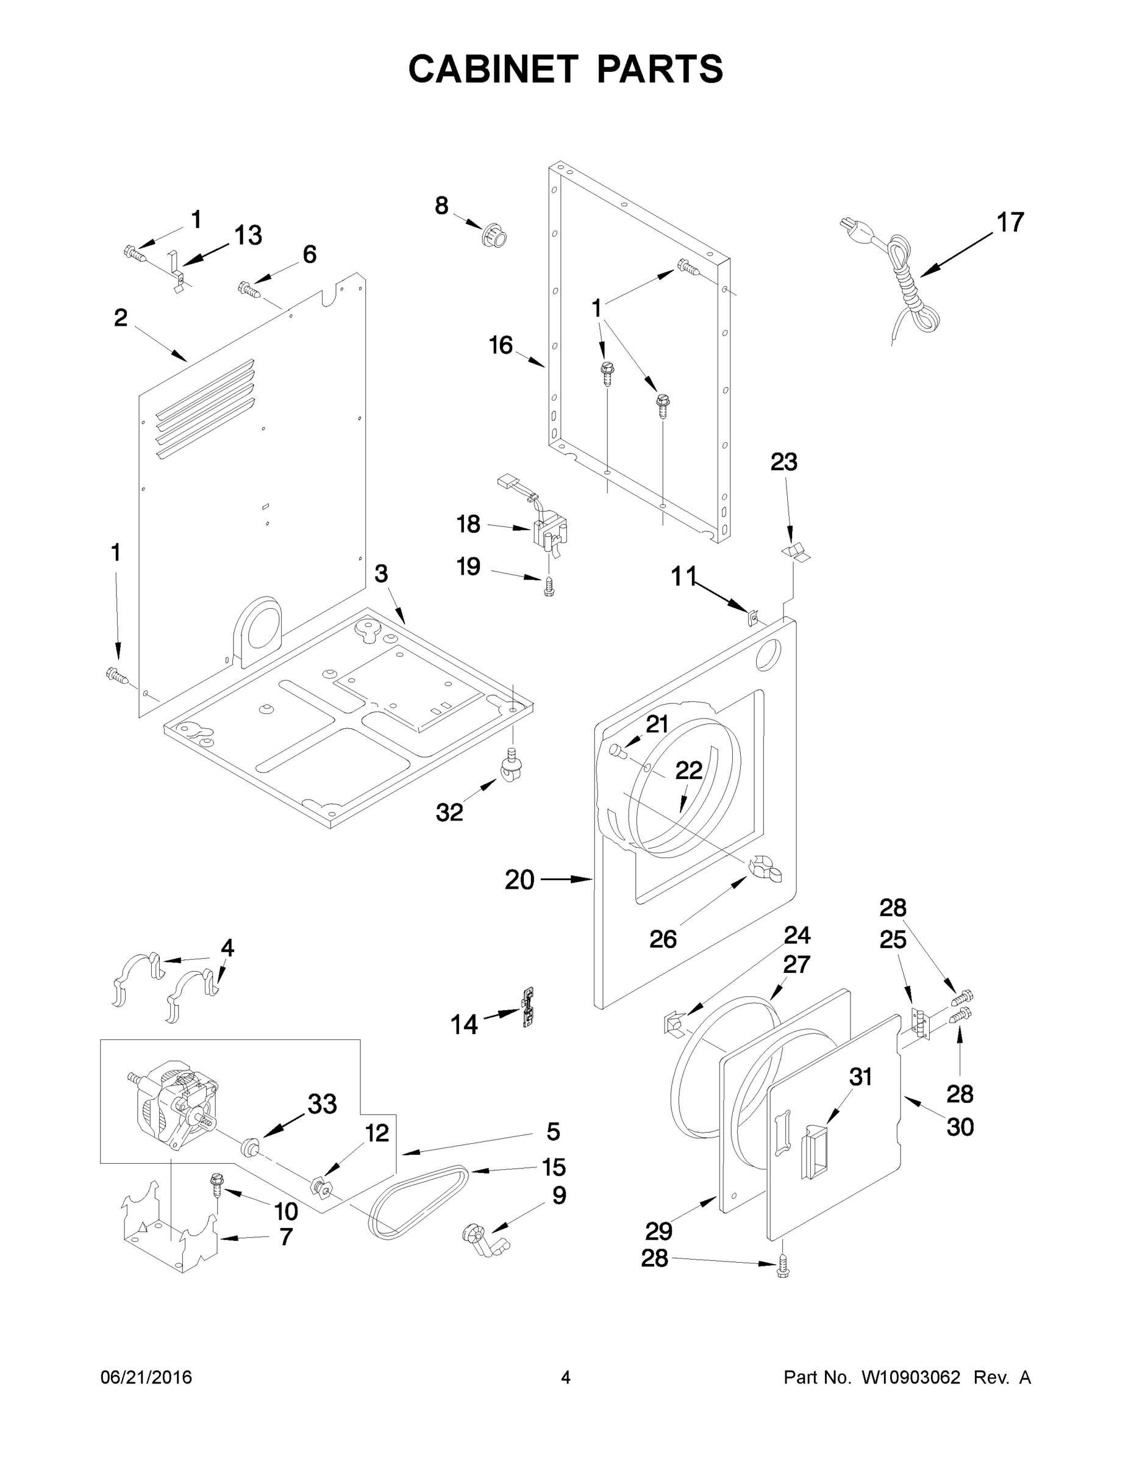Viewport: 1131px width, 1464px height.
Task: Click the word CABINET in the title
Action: pyautogui.click(x=493, y=69)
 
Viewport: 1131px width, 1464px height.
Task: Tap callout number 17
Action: pyautogui.click(x=1010, y=223)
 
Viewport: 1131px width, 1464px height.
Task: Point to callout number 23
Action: pyautogui.click(x=783, y=462)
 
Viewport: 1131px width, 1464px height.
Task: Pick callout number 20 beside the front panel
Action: pyautogui.click(x=519, y=880)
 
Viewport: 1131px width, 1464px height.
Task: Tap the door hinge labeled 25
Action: pyautogui.click(x=923, y=1024)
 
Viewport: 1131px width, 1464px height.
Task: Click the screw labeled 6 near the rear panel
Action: pyautogui.click(x=249, y=290)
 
